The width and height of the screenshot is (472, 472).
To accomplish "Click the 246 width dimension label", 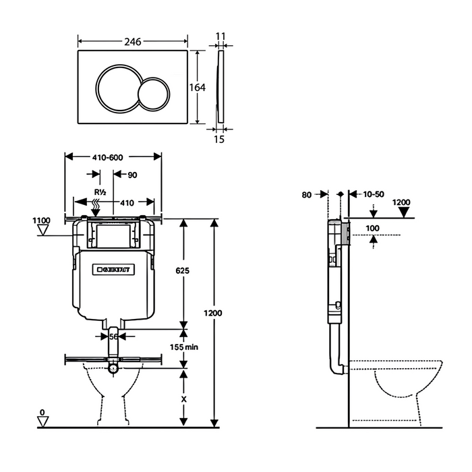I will click(x=132, y=42).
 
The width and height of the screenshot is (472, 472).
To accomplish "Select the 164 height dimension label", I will click(x=198, y=87).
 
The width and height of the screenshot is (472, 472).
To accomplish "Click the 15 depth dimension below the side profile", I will click(x=220, y=140).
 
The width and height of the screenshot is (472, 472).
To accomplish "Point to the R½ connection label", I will click(x=100, y=191).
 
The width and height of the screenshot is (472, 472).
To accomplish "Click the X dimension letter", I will click(x=183, y=398).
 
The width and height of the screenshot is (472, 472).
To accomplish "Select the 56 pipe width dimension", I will click(x=113, y=336).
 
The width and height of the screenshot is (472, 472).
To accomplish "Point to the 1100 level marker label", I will click(x=41, y=220).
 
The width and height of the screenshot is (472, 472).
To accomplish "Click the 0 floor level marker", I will click(x=42, y=411).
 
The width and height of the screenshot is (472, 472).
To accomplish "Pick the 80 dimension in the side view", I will click(x=307, y=194).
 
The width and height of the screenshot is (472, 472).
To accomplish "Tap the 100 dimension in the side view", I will click(x=373, y=228).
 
